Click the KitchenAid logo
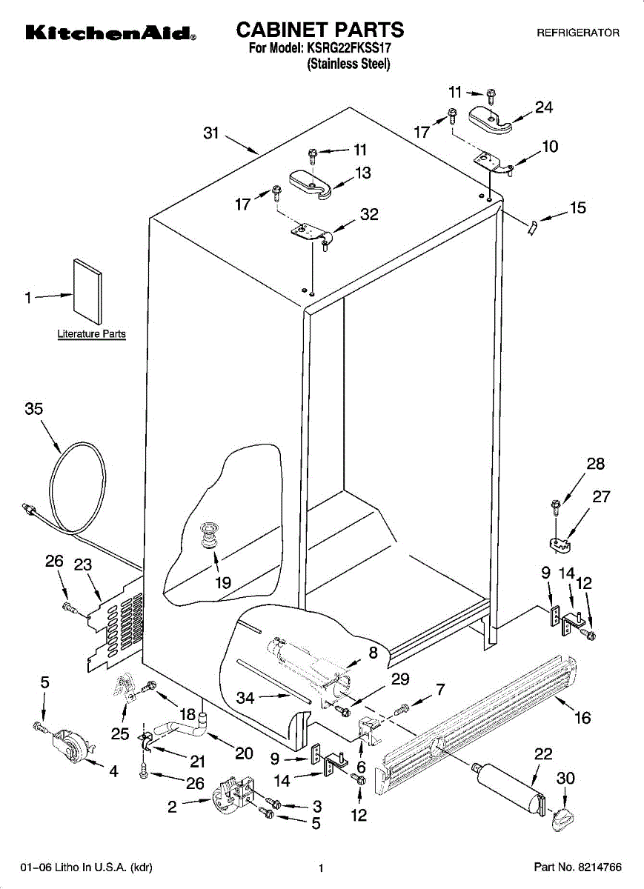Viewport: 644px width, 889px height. point(110,33)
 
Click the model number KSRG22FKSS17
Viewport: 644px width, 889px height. point(348,48)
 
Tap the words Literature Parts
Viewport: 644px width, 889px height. point(91,334)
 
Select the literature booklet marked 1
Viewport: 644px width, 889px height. point(87,292)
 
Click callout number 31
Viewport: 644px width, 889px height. point(211,133)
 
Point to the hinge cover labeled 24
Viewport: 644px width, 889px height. point(491,120)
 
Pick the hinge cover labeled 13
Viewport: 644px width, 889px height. point(311,184)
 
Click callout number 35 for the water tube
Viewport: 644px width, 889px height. point(34,408)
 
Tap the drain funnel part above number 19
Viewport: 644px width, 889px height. point(209,537)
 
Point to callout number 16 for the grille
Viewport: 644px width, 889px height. point(582,718)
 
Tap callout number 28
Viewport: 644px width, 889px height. point(596,463)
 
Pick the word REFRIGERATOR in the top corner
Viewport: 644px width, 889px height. point(578,33)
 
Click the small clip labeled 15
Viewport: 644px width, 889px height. point(532,228)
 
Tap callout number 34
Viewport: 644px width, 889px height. point(245,698)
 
